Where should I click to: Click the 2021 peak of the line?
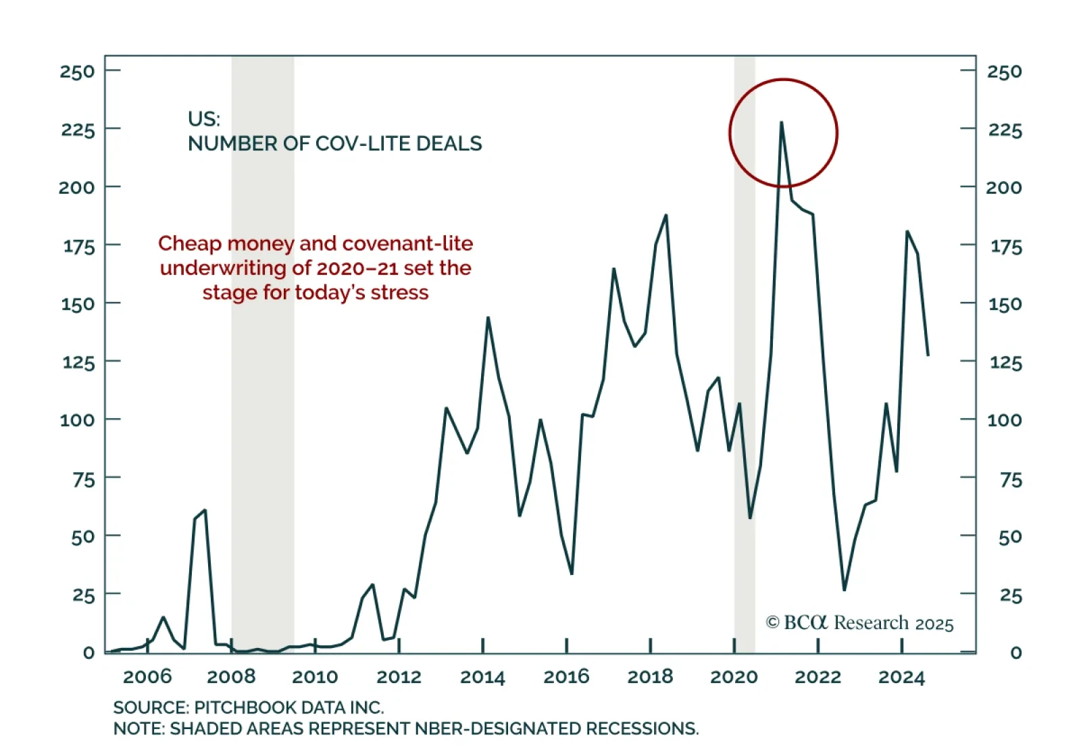pos(781,123)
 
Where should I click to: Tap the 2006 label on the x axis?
pos(147,676)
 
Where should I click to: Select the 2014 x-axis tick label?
pos(482,676)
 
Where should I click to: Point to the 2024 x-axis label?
pos(901,676)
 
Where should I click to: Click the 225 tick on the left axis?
pos(78,129)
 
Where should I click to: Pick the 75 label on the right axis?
pos(1011,480)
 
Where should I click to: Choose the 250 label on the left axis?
pos(77,71)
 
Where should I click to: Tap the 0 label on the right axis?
pos(1015,653)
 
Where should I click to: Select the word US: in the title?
pos(204,119)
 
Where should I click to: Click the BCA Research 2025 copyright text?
pos(859,622)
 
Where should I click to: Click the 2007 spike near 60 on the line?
pos(205,511)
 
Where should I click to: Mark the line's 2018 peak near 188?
pos(666,216)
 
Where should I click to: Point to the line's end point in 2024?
pos(928,355)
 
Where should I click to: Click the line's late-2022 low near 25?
pos(844,589)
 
